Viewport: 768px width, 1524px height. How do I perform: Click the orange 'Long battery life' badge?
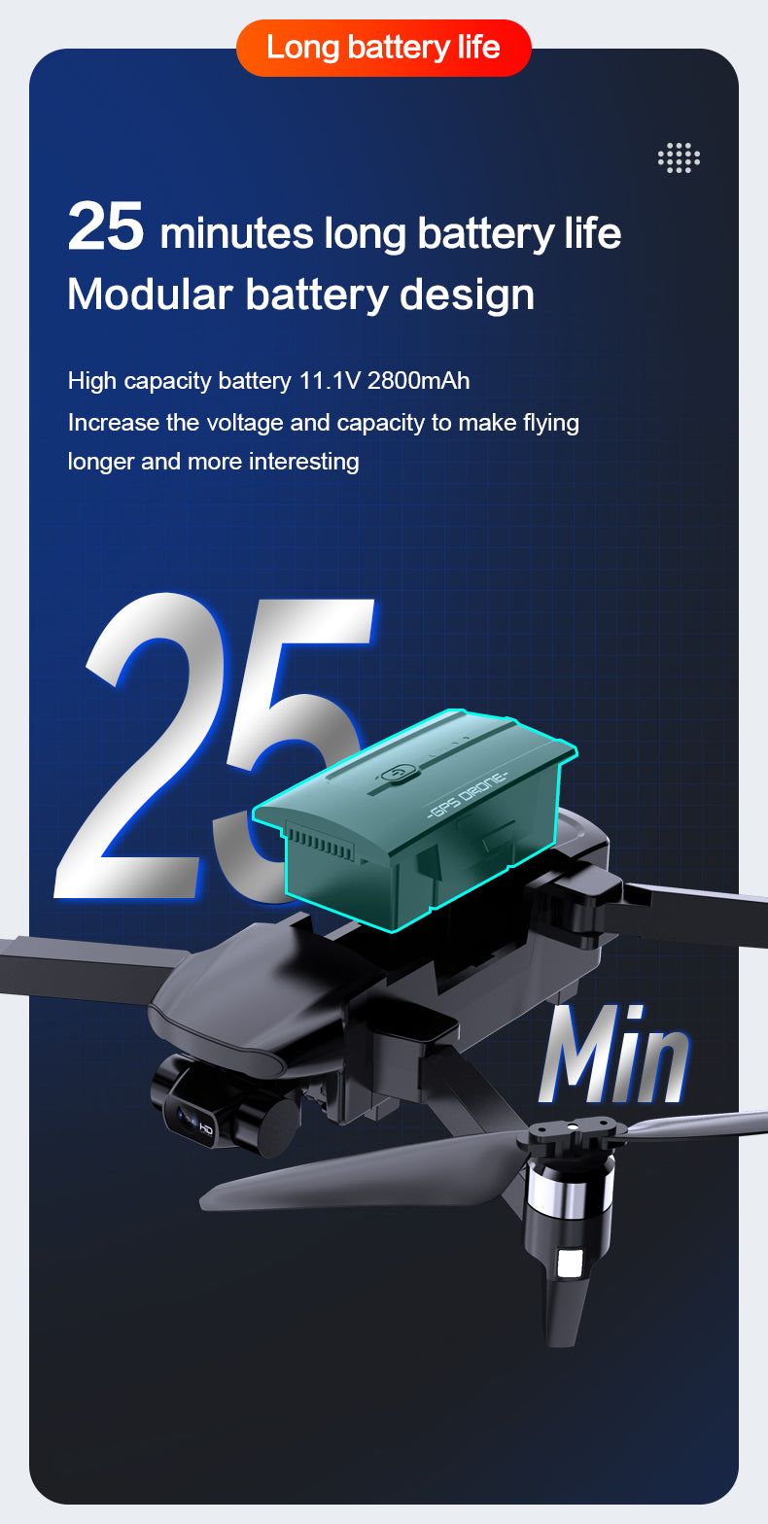tap(384, 48)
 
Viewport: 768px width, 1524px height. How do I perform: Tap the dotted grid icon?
tap(679, 157)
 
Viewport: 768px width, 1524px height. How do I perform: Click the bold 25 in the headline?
tap(105, 225)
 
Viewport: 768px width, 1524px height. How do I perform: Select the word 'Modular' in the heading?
tap(151, 294)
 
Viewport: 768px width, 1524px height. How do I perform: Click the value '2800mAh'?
tap(418, 380)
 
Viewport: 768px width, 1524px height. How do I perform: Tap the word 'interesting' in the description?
tap(304, 462)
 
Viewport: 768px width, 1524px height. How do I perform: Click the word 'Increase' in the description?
tap(113, 423)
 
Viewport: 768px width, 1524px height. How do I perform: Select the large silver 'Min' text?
tap(613, 1056)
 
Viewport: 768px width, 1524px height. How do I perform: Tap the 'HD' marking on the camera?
tap(205, 1130)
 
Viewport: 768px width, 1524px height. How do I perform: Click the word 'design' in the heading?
tap(467, 295)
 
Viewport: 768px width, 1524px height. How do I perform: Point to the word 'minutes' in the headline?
tap(237, 233)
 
